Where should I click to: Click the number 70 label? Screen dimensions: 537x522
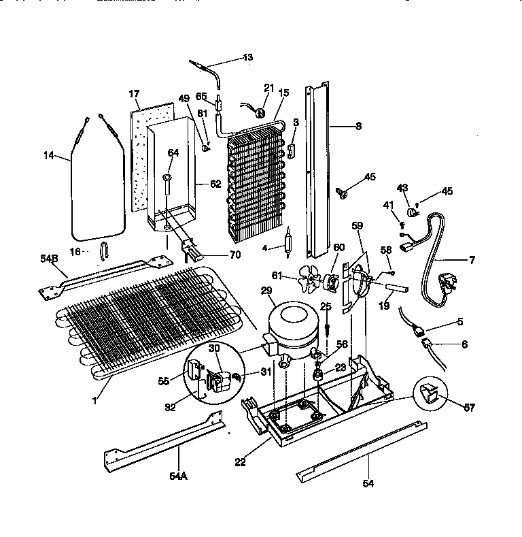[216, 255]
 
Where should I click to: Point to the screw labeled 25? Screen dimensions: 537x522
[327, 326]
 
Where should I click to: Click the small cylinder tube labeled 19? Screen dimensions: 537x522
[397, 288]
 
